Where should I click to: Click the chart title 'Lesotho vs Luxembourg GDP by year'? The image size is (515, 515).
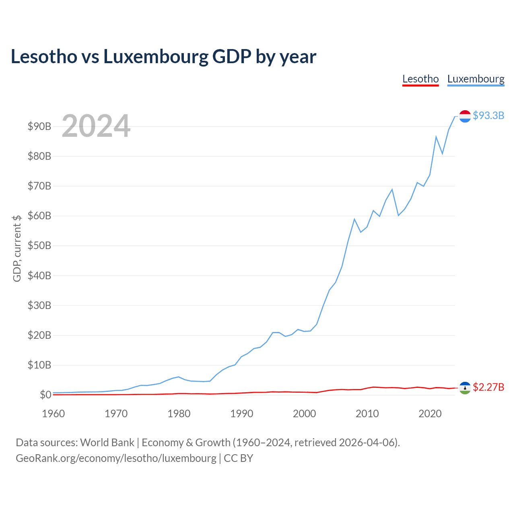(163, 57)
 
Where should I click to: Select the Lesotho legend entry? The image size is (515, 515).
(420, 79)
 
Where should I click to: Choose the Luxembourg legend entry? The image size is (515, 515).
(476, 79)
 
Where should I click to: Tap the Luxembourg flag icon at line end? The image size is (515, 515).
(465, 116)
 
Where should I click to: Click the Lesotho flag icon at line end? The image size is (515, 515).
(465, 388)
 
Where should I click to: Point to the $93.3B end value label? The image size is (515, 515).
(488, 115)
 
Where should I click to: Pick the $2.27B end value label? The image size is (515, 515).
(488, 387)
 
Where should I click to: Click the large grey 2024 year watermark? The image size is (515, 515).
(96, 126)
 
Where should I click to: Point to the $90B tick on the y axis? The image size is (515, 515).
(39, 126)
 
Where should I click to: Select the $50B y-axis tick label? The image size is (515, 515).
(39, 245)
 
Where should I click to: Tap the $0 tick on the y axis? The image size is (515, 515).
(45, 395)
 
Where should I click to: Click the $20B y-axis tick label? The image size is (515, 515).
(39, 335)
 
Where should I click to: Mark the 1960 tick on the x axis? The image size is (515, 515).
(54, 414)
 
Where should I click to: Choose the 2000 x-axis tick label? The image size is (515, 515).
(305, 414)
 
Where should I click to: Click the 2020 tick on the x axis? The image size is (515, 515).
(430, 414)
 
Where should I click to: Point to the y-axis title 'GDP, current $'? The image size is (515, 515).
(17, 248)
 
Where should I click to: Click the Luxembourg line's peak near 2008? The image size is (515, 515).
(354, 219)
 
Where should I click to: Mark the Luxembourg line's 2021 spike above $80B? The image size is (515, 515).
(436, 137)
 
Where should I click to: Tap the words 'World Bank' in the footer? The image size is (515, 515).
(107, 443)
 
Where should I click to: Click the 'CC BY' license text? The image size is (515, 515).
(239, 458)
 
